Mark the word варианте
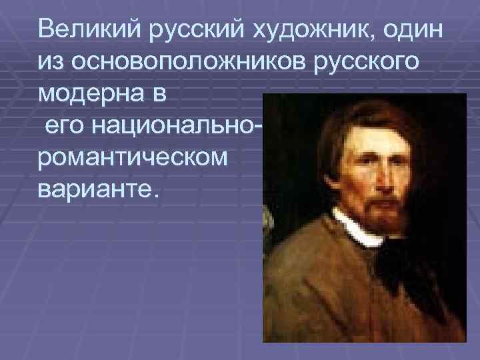(x=99, y=189)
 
